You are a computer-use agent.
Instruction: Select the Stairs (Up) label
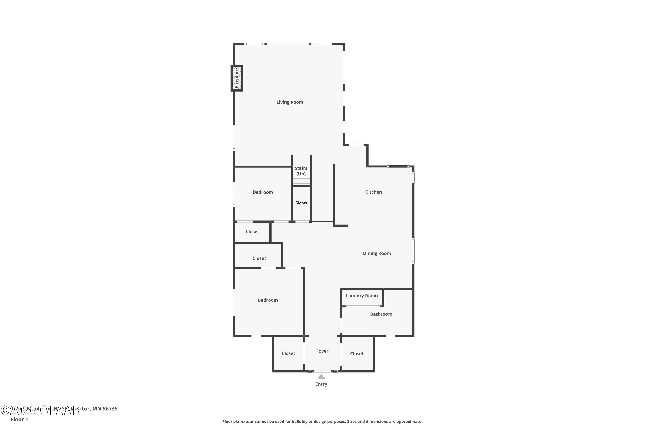point(301,171)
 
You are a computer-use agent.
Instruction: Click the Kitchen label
point(373,192)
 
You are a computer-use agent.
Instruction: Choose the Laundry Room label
point(361,296)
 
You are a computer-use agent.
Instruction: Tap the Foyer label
point(322,351)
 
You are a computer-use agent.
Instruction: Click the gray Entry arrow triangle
point(321,376)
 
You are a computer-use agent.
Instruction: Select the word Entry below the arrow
point(321,384)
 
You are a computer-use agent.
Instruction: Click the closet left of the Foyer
point(288,353)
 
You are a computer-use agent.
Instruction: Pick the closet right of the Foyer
point(357,354)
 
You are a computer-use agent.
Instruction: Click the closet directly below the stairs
point(301,203)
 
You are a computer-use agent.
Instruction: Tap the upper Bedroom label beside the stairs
point(263,192)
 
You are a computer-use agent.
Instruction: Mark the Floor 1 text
point(19,419)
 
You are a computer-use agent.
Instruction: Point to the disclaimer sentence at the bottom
point(322,421)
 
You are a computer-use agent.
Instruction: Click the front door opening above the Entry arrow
point(322,371)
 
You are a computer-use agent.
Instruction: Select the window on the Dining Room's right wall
point(413,251)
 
